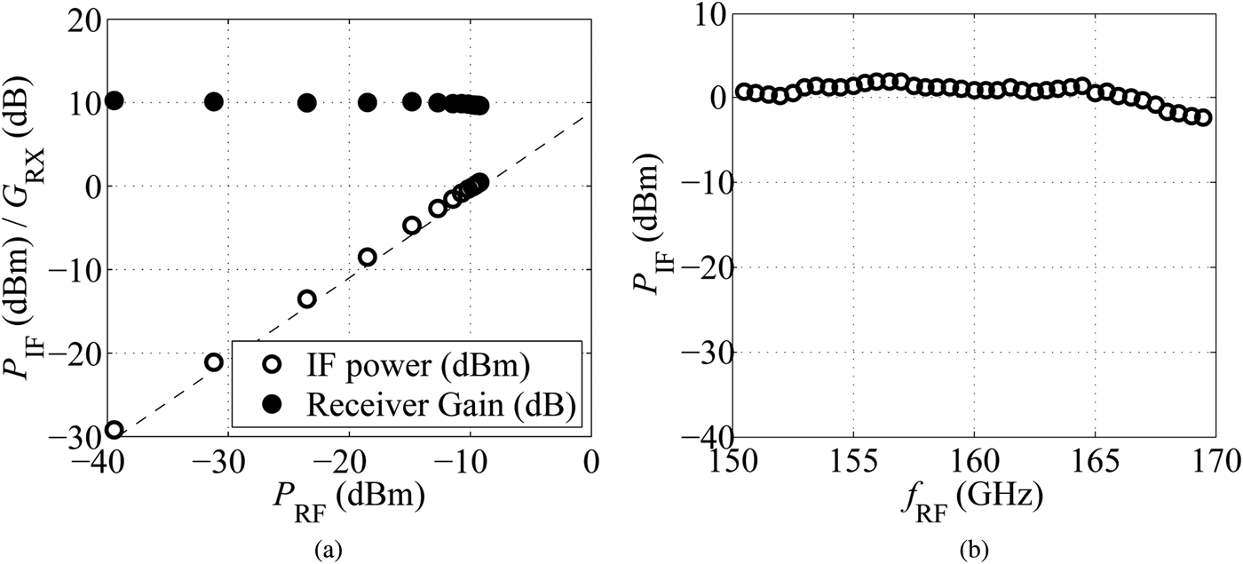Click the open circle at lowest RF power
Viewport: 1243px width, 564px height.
(114, 430)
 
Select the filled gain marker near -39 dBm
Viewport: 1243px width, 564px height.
(114, 100)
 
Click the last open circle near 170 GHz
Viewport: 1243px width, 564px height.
(1204, 117)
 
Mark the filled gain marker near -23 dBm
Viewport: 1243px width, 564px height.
(307, 102)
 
